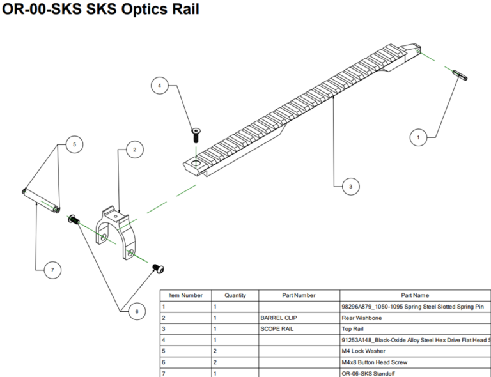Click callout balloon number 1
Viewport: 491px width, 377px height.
tap(418, 137)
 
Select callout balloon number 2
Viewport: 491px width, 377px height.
tap(134, 150)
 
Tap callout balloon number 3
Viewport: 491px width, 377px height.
tap(350, 186)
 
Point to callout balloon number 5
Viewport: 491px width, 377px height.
tap(74, 145)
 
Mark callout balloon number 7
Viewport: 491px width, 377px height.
tap(52, 271)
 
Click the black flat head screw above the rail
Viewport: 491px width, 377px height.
tap(196, 134)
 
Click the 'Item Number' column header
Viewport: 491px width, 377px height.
tap(185, 295)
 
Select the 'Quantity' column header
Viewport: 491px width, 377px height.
tap(235, 295)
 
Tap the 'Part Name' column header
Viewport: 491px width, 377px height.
tap(415, 295)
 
